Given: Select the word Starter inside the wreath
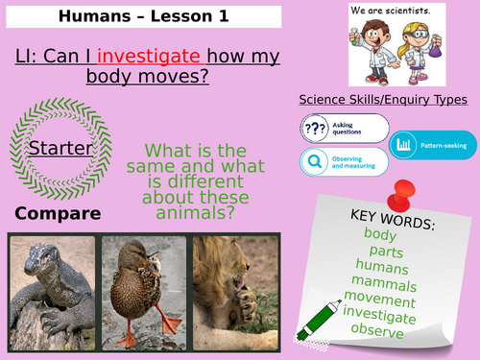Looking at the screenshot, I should pos(60,148).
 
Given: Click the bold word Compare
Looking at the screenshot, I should pos(59,212).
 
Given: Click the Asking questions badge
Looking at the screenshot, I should pos(344,128).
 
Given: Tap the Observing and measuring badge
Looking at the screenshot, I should pos(344,161).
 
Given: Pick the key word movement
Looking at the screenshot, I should pos(382,300).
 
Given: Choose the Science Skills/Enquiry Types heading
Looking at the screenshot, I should pos(383,99).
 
